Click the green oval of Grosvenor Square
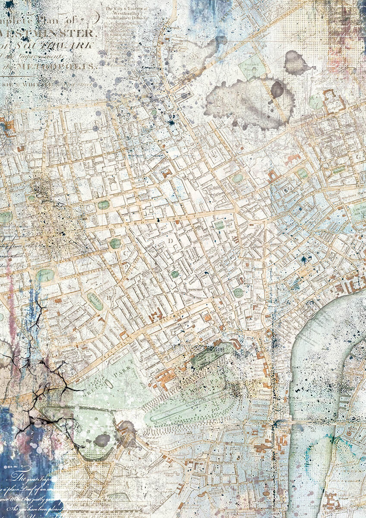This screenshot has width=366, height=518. (47, 275)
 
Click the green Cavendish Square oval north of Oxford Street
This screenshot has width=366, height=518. (103, 205)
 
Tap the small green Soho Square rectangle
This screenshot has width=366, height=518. (220, 225)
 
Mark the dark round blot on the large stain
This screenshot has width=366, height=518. (277, 89)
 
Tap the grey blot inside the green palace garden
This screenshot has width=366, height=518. (102, 440)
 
